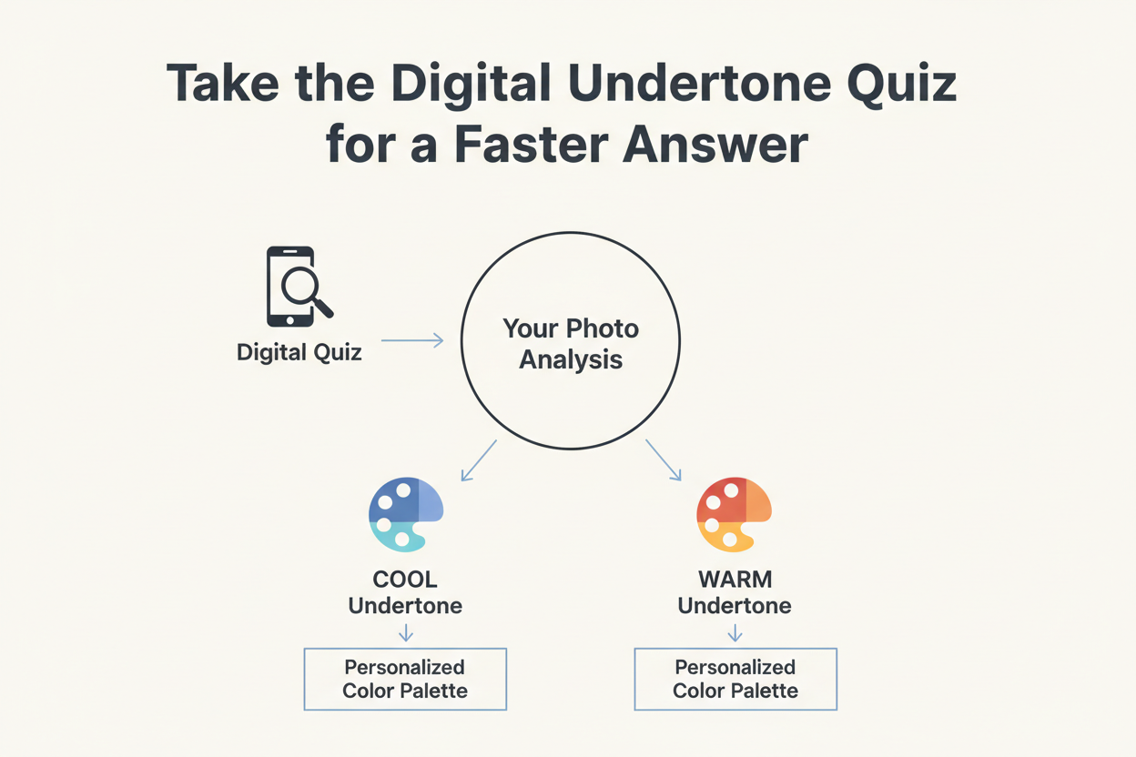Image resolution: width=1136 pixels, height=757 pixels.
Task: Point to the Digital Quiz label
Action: pos(299,352)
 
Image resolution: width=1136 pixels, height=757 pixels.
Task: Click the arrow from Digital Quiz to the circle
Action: pos(411,340)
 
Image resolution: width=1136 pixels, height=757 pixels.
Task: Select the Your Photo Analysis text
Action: pos(571,343)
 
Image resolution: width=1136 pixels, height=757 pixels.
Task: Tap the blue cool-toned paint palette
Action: pos(405,514)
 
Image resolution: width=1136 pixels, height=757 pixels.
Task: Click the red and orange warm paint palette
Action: pos(734,514)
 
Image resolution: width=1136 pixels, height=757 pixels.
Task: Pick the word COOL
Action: pos(405,580)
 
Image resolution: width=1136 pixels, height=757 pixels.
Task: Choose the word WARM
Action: pos(735,580)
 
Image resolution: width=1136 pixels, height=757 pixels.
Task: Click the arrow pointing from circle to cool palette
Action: pos(479,460)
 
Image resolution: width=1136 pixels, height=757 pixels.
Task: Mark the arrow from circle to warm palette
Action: pos(664,460)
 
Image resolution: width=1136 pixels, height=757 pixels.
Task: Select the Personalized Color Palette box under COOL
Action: pos(405,679)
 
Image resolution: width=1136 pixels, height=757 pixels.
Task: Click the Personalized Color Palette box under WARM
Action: pos(735,679)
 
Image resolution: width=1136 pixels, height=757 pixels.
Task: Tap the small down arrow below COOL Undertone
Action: pos(406,632)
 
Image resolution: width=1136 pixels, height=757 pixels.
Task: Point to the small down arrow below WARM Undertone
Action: pos(735,632)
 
